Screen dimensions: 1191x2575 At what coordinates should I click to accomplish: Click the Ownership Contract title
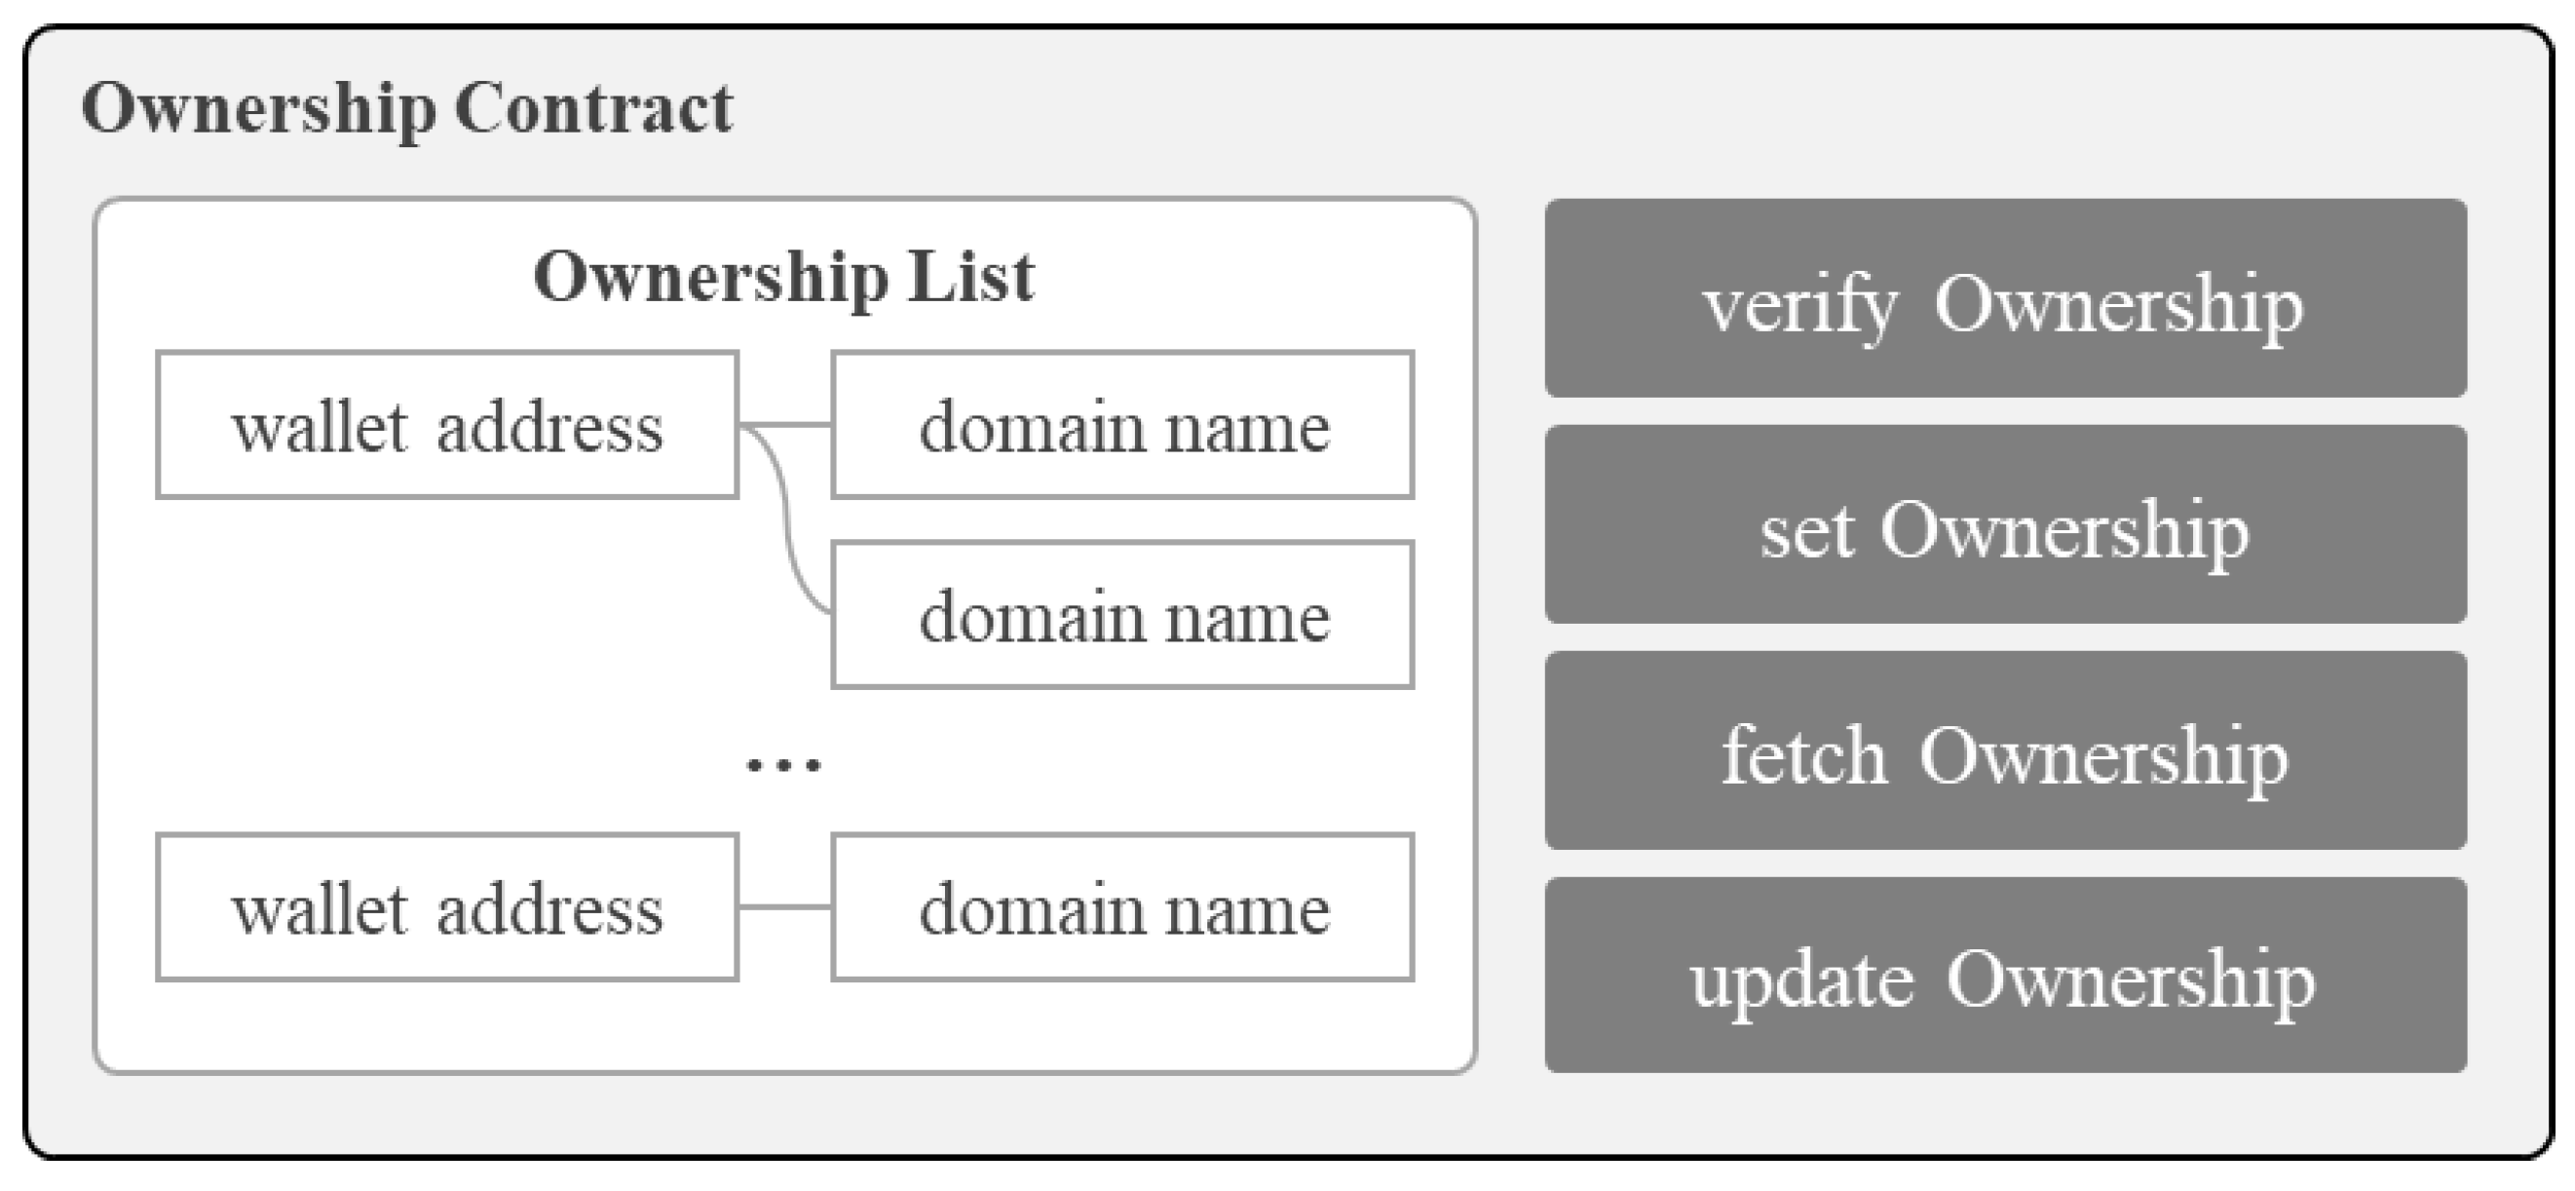pyautogui.click(x=407, y=108)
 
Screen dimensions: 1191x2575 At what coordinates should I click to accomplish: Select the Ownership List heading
pyautogui.click(x=783, y=276)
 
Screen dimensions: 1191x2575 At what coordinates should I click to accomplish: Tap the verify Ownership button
pyautogui.click(x=2005, y=298)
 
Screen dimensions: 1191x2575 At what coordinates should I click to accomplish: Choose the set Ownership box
pyautogui.click(x=2005, y=524)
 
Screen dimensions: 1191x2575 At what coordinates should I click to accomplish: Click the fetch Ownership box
pyautogui.click(x=2005, y=750)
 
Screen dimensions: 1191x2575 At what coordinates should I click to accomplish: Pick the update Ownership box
pyautogui.click(x=2005, y=975)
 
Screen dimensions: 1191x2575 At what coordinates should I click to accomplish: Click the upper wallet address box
pyautogui.click(x=447, y=425)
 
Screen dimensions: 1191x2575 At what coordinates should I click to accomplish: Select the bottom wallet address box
pyautogui.click(x=447, y=907)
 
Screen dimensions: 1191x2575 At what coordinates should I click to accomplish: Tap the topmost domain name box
pyautogui.click(x=1122, y=425)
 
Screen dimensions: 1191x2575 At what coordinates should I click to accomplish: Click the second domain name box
pyautogui.click(x=1122, y=615)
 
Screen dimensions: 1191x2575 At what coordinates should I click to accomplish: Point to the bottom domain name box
pyautogui.click(x=1122, y=907)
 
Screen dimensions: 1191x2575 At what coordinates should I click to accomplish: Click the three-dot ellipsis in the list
pyautogui.click(x=783, y=766)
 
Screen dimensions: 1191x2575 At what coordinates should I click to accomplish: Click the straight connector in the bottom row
pyautogui.click(x=784, y=907)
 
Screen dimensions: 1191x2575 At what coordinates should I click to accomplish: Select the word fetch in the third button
pyautogui.click(x=1803, y=756)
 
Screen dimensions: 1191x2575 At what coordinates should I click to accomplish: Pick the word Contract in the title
pyautogui.click(x=593, y=108)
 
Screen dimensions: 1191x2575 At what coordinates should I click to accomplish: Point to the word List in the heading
pyautogui.click(x=970, y=276)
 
